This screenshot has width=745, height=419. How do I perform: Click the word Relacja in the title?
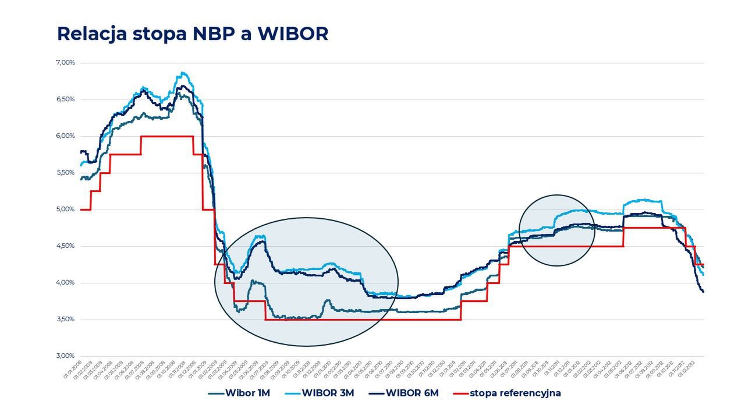pyautogui.click(x=93, y=34)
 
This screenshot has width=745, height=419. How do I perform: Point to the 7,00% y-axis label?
pyautogui.click(x=65, y=62)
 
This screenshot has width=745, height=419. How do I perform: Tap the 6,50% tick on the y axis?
pyautogui.click(x=65, y=100)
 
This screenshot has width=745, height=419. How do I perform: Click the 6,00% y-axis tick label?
pyautogui.click(x=65, y=136)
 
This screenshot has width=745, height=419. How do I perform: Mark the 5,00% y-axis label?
pyautogui.click(x=65, y=210)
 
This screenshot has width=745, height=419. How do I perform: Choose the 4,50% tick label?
pyautogui.click(x=65, y=246)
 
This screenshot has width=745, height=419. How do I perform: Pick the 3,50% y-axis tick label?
pyautogui.click(x=65, y=319)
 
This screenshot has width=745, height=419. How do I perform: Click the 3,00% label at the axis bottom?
pyautogui.click(x=65, y=356)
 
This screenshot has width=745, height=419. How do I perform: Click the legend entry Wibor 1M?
pyautogui.click(x=247, y=393)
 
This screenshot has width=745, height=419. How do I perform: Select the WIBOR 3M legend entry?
pyautogui.click(x=328, y=393)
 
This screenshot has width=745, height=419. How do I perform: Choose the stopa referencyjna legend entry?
pyautogui.click(x=515, y=393)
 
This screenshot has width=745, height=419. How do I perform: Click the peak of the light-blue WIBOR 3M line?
pyautogui.click(x=183, y=73)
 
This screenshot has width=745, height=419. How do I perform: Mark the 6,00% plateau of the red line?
pyautogui.click(x=167, y=136)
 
